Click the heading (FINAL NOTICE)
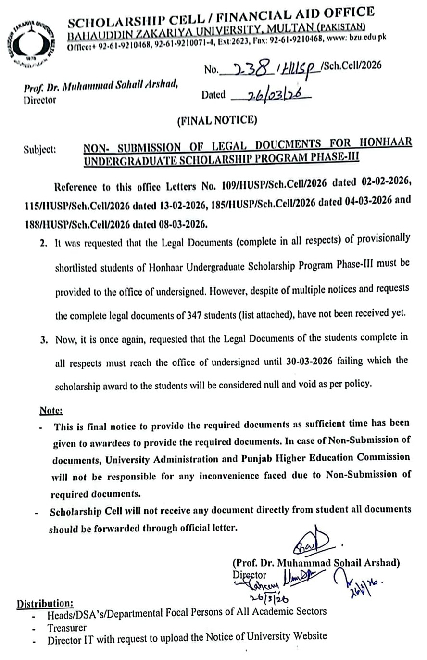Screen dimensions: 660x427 [217, 120]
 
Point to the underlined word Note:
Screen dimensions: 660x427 [51, 410]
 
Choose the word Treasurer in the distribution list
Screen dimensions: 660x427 [67, 628]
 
